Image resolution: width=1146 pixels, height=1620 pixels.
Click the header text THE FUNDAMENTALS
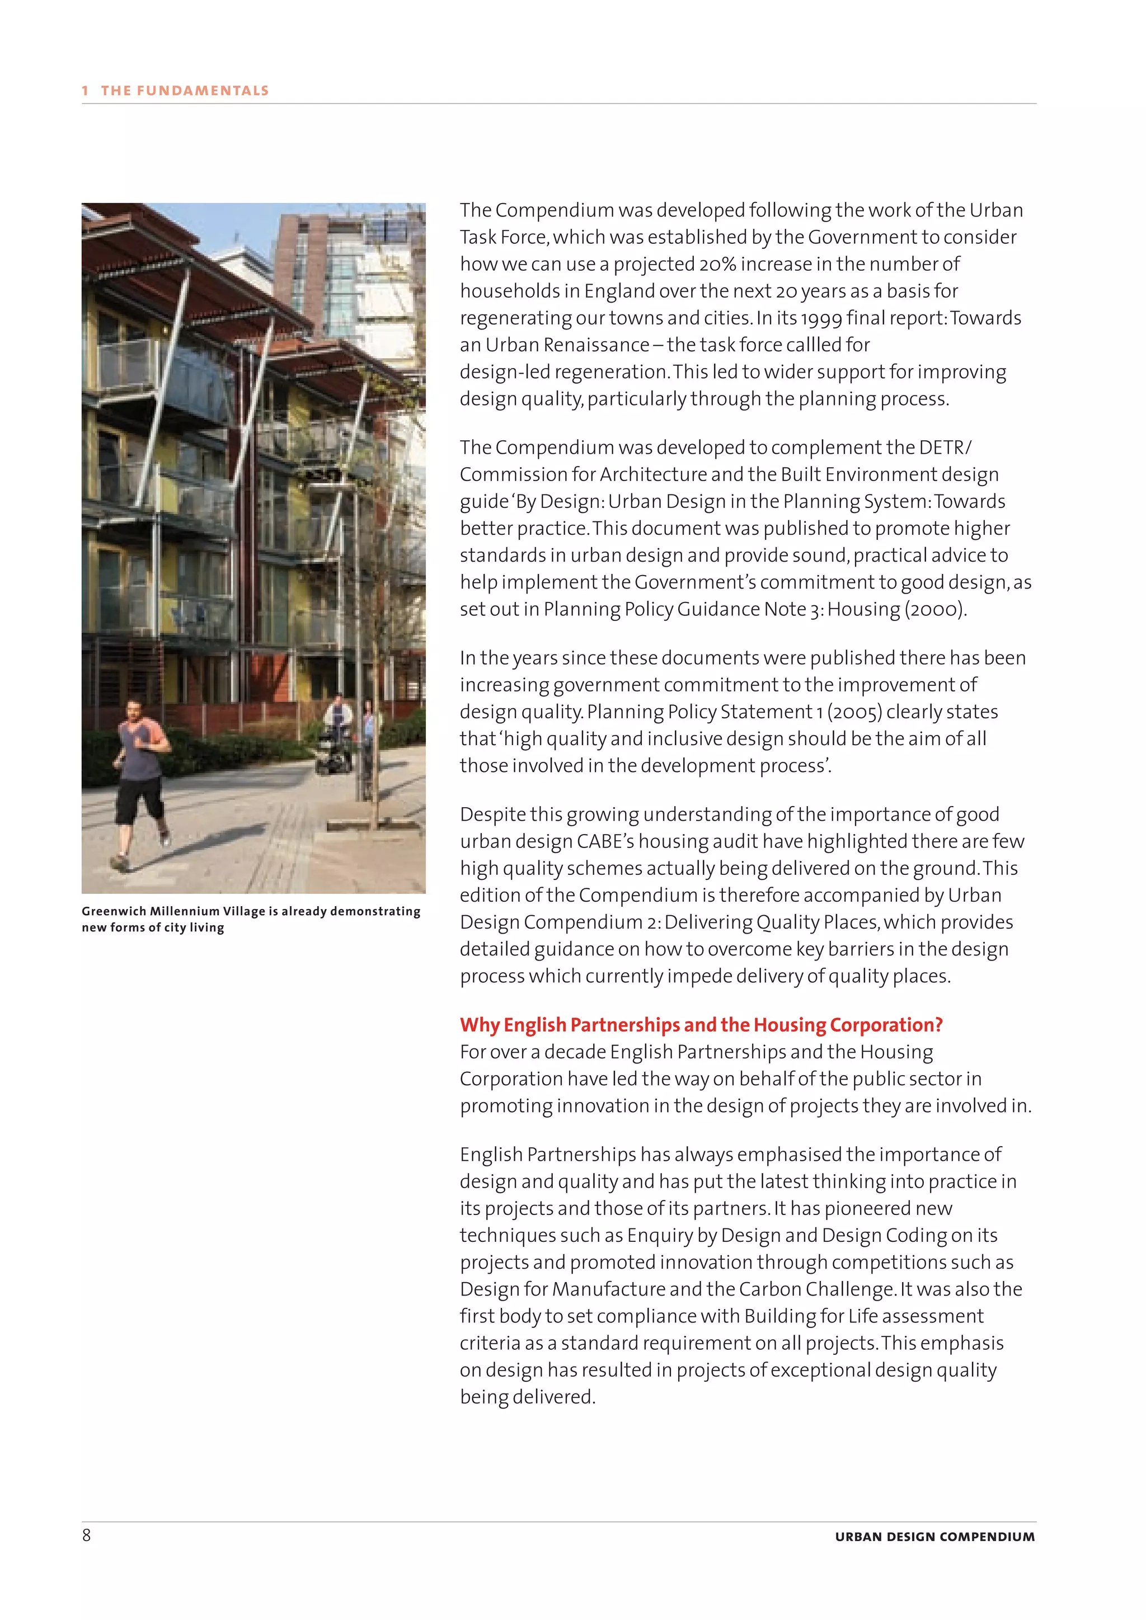click(x=184, y=90)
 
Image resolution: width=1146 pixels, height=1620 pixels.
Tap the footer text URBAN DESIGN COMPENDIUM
click(x=934, y=1537)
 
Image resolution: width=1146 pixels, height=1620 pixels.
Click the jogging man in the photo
click(x=142, y=776)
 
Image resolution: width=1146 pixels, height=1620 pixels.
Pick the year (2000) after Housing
click(x=934, y=609)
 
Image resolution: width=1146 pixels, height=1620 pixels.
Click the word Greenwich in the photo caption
click(x=114, y=911)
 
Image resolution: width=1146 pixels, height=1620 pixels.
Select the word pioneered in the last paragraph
click(x=867, y=1209)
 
